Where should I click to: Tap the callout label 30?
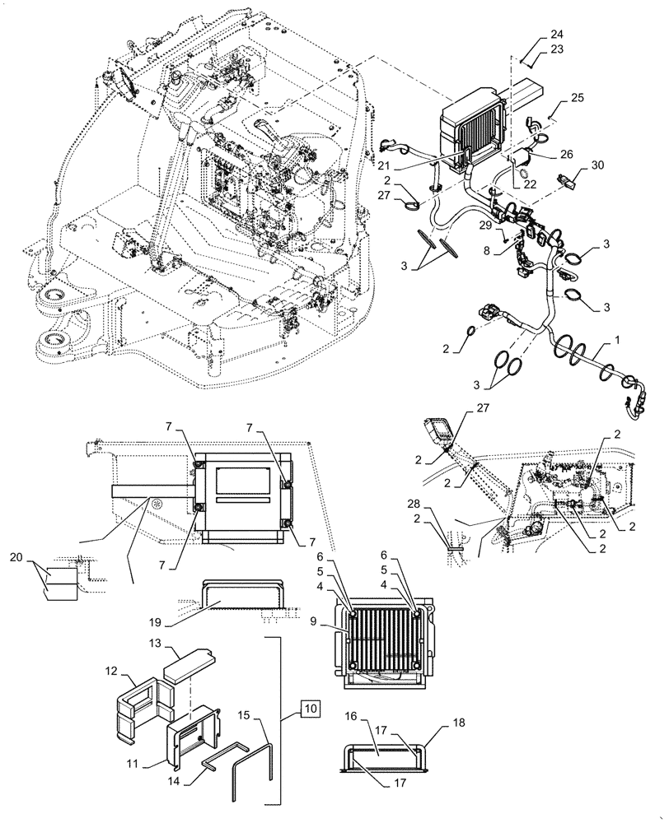pyautogui.click(x=597, y=165)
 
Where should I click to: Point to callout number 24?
pyautogui.click(x=557, y=35)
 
